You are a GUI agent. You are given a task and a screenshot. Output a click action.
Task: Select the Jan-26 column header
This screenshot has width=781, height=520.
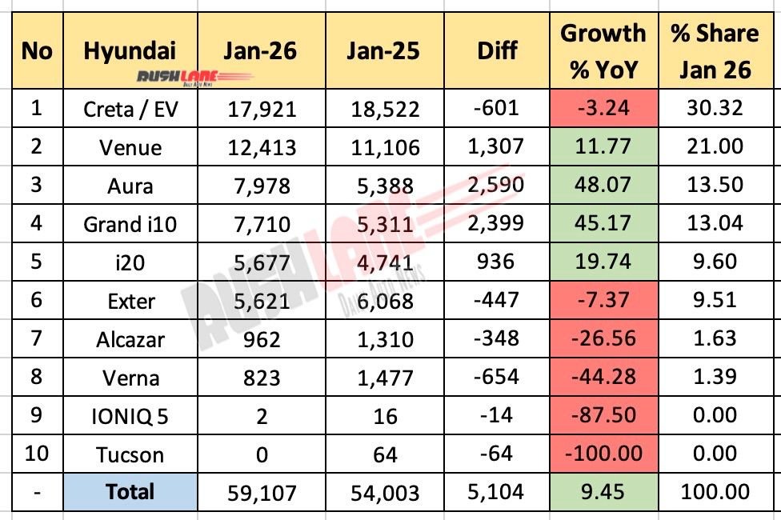(x=260, y=51)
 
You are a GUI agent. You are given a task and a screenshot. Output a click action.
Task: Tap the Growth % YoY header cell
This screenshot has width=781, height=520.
(x=603, y=51)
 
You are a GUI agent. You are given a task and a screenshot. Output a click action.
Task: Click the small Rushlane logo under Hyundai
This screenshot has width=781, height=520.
(x=129, y=77)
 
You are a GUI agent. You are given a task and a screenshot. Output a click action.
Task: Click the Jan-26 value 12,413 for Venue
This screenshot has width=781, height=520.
(x=260, y=147)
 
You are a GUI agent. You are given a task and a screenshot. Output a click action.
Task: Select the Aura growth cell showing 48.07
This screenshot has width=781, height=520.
(x=603, y=186)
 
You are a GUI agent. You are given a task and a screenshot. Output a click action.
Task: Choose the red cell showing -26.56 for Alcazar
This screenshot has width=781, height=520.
(x=603, y=339)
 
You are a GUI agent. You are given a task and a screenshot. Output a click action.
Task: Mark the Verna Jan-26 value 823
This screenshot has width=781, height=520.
(x=260, y=378)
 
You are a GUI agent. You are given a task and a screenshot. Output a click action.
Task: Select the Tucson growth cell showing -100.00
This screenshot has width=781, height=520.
(x=603, y=454)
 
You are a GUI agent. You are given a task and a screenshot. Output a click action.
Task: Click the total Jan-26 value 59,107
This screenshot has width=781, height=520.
(x=260, y=491)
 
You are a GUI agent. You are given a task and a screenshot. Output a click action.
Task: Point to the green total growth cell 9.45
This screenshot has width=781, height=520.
(x=603, y=491)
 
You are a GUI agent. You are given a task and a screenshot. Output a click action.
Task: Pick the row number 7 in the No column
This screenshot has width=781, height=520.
(x=35, y=339)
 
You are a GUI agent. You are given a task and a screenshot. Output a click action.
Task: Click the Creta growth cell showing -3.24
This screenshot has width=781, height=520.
(x=603, y=109)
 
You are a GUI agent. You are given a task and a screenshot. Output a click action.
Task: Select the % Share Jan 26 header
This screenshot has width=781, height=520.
(x=715, y=51)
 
